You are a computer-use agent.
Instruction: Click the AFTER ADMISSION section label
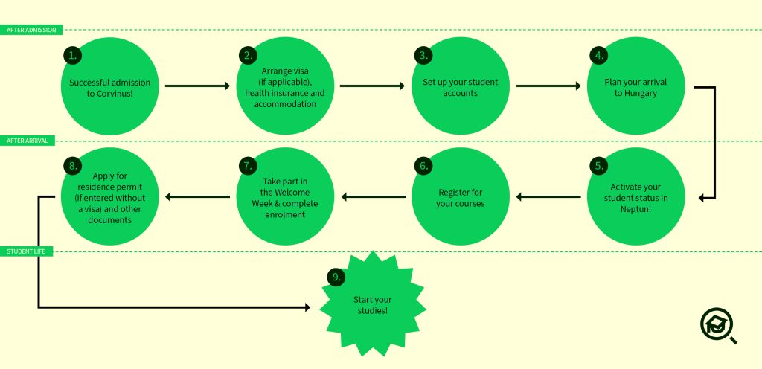tap(31, 30)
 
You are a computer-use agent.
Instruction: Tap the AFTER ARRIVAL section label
tap(28, 141)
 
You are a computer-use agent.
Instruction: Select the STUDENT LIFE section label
tap(26, 251)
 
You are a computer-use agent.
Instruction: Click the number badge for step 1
tap(72, 55)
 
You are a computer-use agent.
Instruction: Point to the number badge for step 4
tap(599, 55)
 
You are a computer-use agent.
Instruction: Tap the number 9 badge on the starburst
tap(336, 277)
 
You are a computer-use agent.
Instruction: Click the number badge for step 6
tap(423, 166)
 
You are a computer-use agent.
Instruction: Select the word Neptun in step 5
tap(634, 209)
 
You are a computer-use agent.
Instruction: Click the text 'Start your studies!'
tap(373, 305)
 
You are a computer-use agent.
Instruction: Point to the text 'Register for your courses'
tap(460, 198)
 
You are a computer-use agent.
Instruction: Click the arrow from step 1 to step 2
tap(197, 86)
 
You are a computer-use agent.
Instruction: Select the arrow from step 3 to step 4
tap(548, 86)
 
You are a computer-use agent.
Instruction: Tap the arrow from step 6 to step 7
tap(374, 196)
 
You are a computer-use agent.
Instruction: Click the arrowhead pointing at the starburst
tap(307, 307)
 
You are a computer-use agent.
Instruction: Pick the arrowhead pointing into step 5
tap(702, 198)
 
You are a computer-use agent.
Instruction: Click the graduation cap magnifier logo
tap(718, 326)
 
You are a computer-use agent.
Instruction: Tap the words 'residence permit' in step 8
tap(110, 187)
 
